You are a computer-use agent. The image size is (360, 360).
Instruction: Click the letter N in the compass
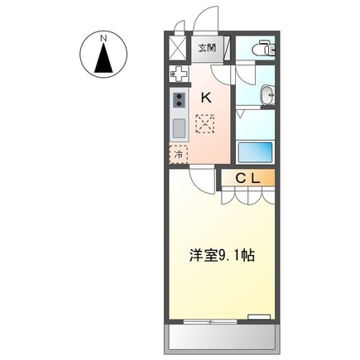(x=103, y=38)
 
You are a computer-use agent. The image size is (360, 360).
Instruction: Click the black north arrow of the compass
(x=103, y=60)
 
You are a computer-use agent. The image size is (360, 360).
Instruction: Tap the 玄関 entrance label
(x=206, y=48)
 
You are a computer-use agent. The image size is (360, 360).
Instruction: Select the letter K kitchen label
(x=206, y=98)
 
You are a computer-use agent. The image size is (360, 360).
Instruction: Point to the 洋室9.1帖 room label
(x=219, y=255)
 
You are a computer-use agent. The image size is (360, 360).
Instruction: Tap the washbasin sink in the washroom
(x=267, y=97)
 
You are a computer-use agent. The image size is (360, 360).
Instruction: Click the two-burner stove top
(x=179, y=103)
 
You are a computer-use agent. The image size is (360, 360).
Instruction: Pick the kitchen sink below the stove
(x=179, y=128)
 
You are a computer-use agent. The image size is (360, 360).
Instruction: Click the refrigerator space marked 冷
(x=179, y=153)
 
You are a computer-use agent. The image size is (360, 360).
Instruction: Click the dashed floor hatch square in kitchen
(x=205, y=124)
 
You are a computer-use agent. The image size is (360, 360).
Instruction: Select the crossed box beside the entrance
(x=178, y=47)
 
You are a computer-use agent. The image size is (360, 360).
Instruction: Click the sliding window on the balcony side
(x=211, y=320)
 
